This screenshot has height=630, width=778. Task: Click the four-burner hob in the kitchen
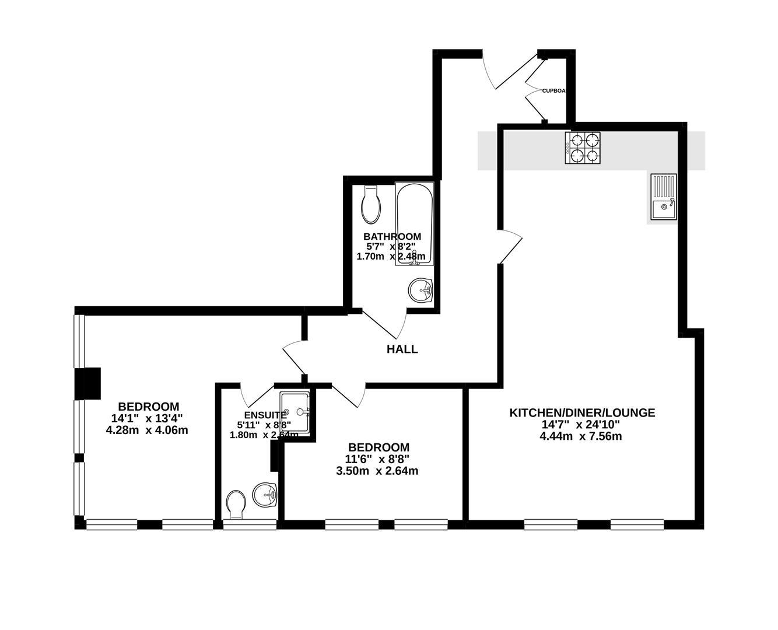click(583, 148)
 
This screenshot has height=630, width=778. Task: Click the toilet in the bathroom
click(371, 205)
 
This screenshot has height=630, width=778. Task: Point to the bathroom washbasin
click(420, 290)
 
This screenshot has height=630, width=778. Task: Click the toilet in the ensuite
click(236, 505)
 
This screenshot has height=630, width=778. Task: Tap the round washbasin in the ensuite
click(265, 496)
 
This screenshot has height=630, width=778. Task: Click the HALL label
click(402, 349)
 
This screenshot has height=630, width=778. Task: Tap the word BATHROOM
click(392, 236)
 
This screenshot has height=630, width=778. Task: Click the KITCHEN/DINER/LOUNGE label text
click(582, 412)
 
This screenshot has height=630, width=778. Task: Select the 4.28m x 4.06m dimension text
click(147, 430)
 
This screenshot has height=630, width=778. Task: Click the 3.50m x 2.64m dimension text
click(377, 471)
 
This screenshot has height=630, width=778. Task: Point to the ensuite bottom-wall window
click(250, 525)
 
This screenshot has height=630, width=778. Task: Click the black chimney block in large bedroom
click(88, 383)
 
